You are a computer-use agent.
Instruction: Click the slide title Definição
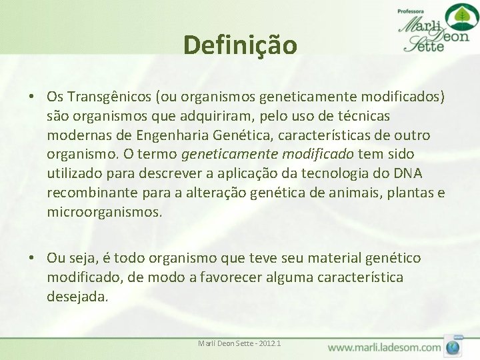(240, 45)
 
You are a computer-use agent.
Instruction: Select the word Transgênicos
(107, 97)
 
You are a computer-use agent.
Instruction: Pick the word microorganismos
(104, 213)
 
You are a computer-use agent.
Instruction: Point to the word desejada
(77, 297)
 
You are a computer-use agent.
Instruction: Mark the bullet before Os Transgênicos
(32, 97)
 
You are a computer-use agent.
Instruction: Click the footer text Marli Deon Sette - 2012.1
(239, 343)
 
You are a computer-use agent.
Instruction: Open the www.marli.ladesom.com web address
(384, 347)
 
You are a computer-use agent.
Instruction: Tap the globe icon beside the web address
(453, 347)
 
